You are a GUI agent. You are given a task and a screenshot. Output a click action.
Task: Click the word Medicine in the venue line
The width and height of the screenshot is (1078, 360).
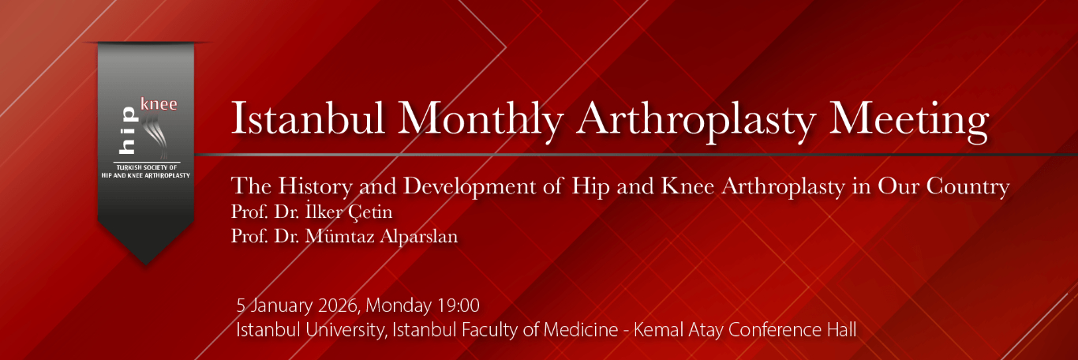(579, 330)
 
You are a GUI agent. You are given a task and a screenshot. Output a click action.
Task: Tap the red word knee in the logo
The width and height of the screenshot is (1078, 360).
(158, 104)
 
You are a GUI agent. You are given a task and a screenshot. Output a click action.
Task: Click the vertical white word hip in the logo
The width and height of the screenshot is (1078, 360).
(127, 131)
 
